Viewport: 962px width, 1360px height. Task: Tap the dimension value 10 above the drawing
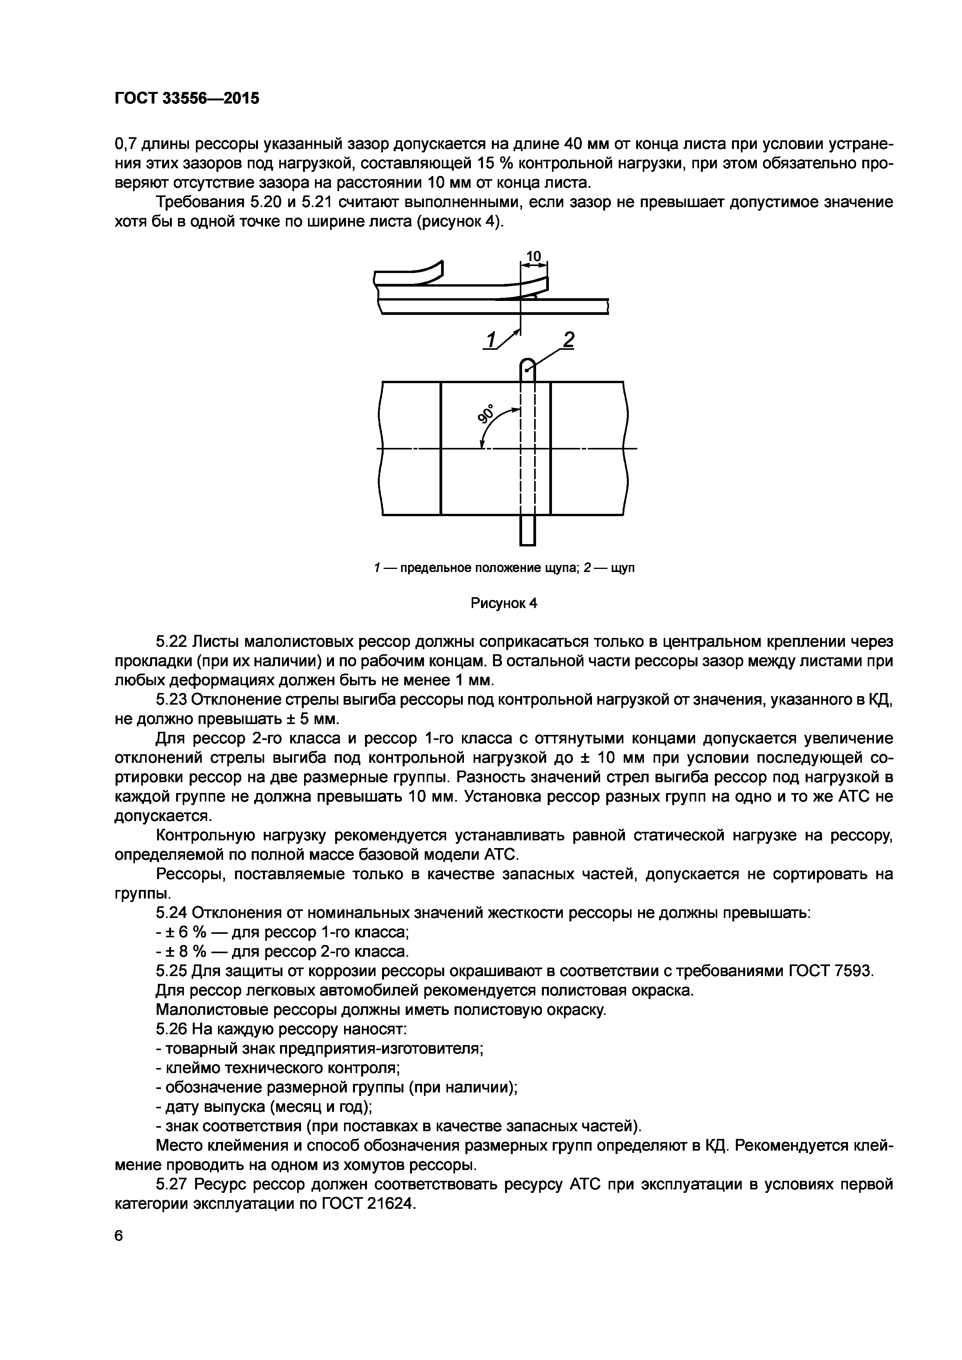(x=534, y=256)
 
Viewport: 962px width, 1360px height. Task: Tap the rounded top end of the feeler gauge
(x=527, y=363)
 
